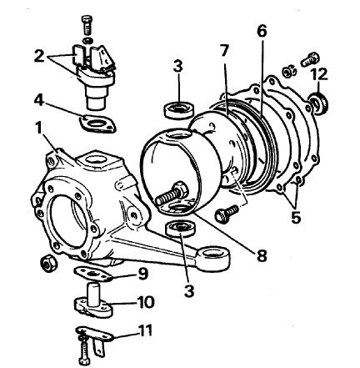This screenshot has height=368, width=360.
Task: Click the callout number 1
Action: [38, 129]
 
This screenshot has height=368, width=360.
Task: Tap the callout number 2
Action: [39, 57]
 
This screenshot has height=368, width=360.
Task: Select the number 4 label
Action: [39, 100]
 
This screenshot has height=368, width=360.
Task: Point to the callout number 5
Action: [296, 217]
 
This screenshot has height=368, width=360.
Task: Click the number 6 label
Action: [262, 31]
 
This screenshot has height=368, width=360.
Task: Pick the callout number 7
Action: [224, 51]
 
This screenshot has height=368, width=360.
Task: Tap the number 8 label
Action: [262, 255]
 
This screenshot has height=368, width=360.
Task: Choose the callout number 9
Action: [142, 275]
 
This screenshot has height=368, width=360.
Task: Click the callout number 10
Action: [145, 302]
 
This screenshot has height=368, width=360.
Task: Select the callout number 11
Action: [145, 331]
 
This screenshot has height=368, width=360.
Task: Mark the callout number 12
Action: [319, 73]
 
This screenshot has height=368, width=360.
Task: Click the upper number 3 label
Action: [177, 67]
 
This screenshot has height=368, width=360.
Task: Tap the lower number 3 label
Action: [189, 291]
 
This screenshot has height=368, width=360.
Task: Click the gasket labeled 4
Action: [98, 124]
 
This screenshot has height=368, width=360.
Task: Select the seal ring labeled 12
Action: [319, 103]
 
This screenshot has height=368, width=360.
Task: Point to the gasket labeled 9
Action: [93, 274]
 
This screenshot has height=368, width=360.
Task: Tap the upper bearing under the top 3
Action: [179, 110]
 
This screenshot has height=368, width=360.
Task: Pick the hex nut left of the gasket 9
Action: [49, 263]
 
